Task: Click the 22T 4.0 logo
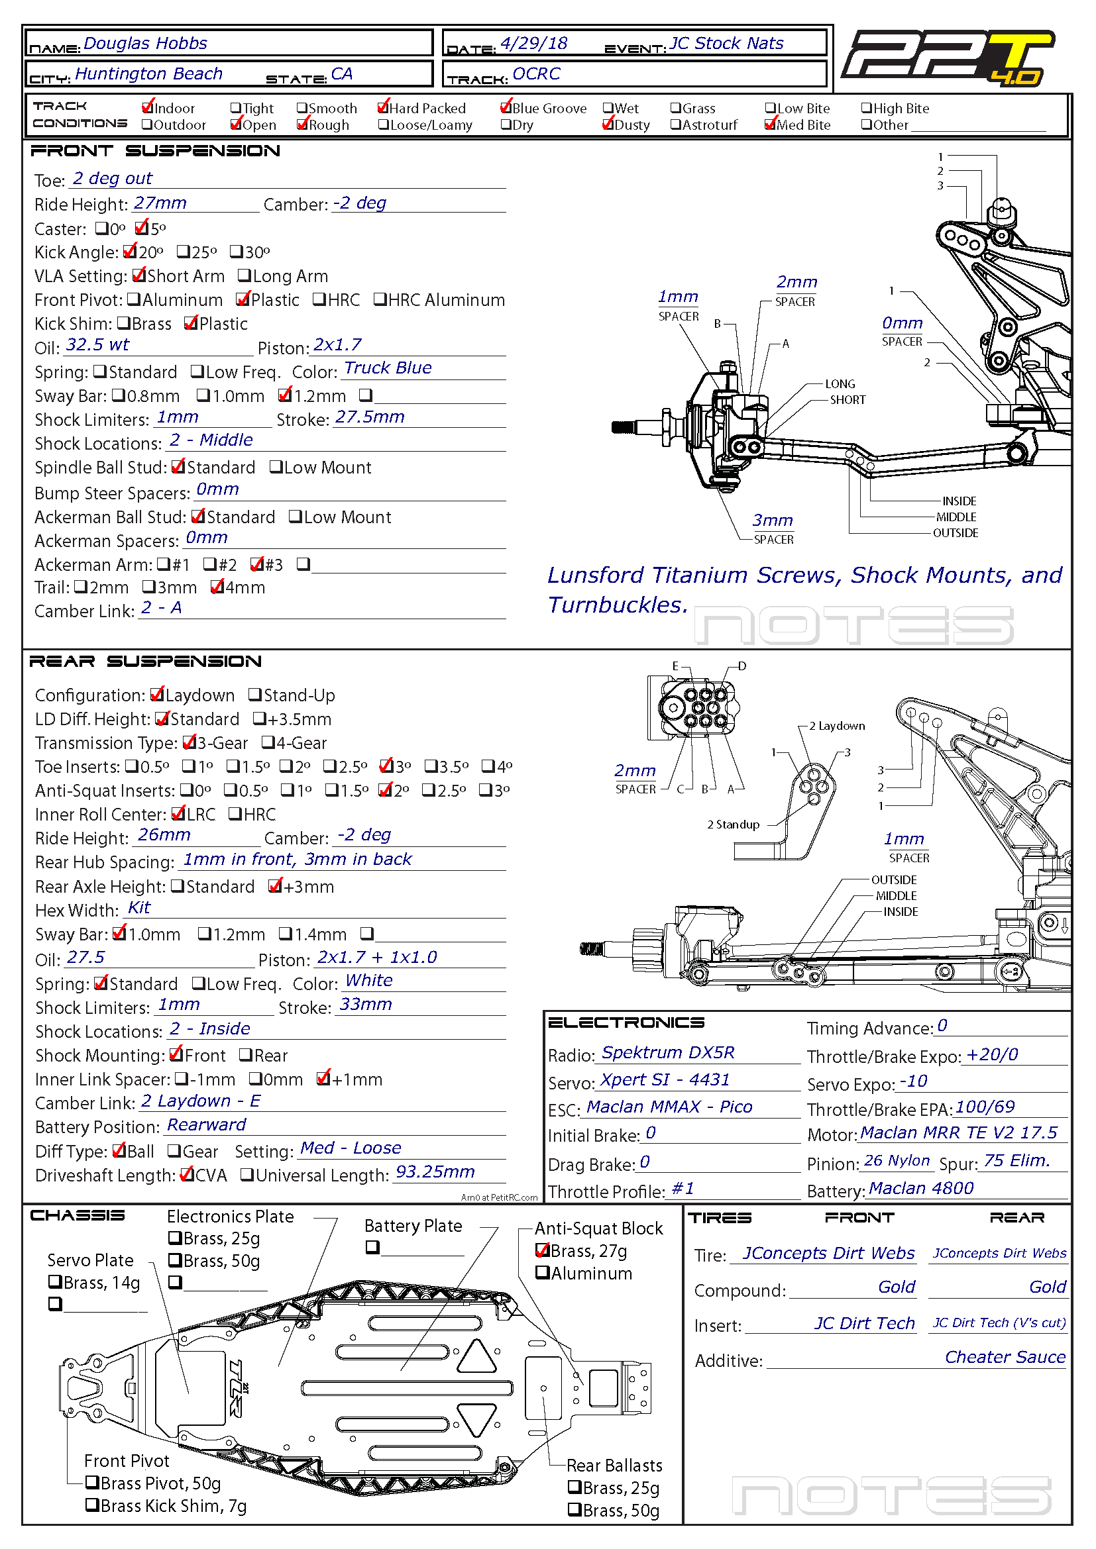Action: click(948, 58)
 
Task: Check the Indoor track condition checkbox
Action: click(148, 108)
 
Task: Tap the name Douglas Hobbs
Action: click(145, 44)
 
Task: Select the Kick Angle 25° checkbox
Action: click(183, 252)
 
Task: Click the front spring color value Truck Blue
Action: click(388, 368)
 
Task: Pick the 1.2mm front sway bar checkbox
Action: click(285, 395)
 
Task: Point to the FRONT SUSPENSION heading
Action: click(155, 151)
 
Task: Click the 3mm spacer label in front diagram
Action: click(773, 521)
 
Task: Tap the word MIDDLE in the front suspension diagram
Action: click(956, 517)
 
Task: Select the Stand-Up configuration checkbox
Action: click(254, 695)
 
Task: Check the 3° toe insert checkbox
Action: click(386, 766)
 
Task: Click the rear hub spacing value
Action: click(297, 860)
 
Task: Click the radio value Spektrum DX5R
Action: click(667, 1053)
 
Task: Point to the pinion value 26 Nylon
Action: click(897, 1161)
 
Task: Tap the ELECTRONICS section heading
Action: click(626, 1023)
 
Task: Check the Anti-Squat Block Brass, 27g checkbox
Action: click(542, 1251)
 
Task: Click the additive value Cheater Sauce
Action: click(1004, 1358)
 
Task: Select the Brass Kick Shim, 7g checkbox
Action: click(93, 1505)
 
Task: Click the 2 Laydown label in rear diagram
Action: click(837, 726)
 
